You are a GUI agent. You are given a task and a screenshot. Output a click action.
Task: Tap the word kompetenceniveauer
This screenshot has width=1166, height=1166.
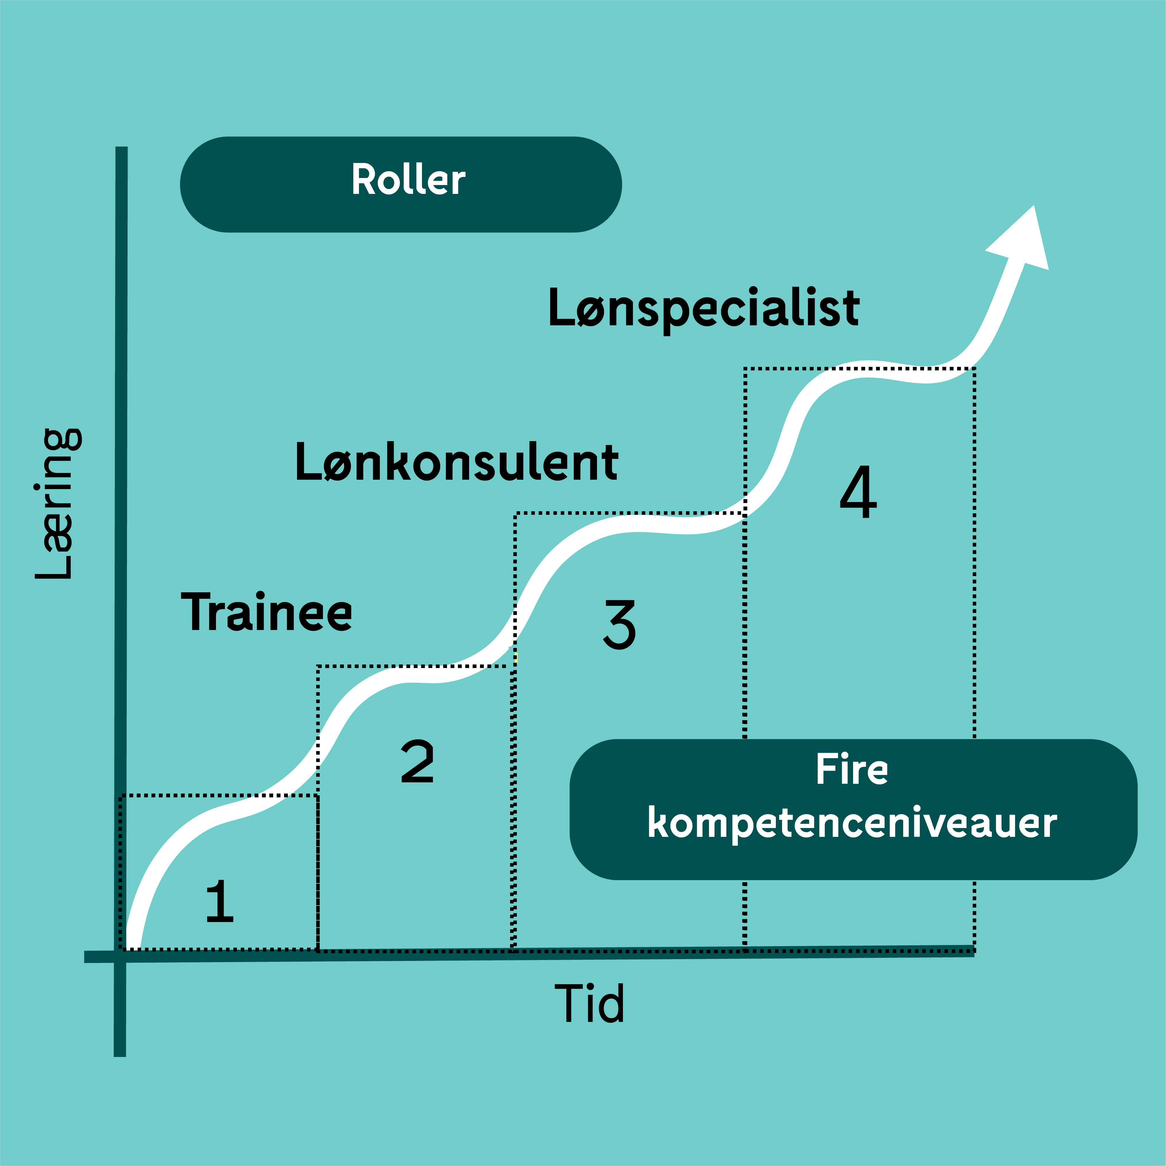(x=852, y=823)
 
